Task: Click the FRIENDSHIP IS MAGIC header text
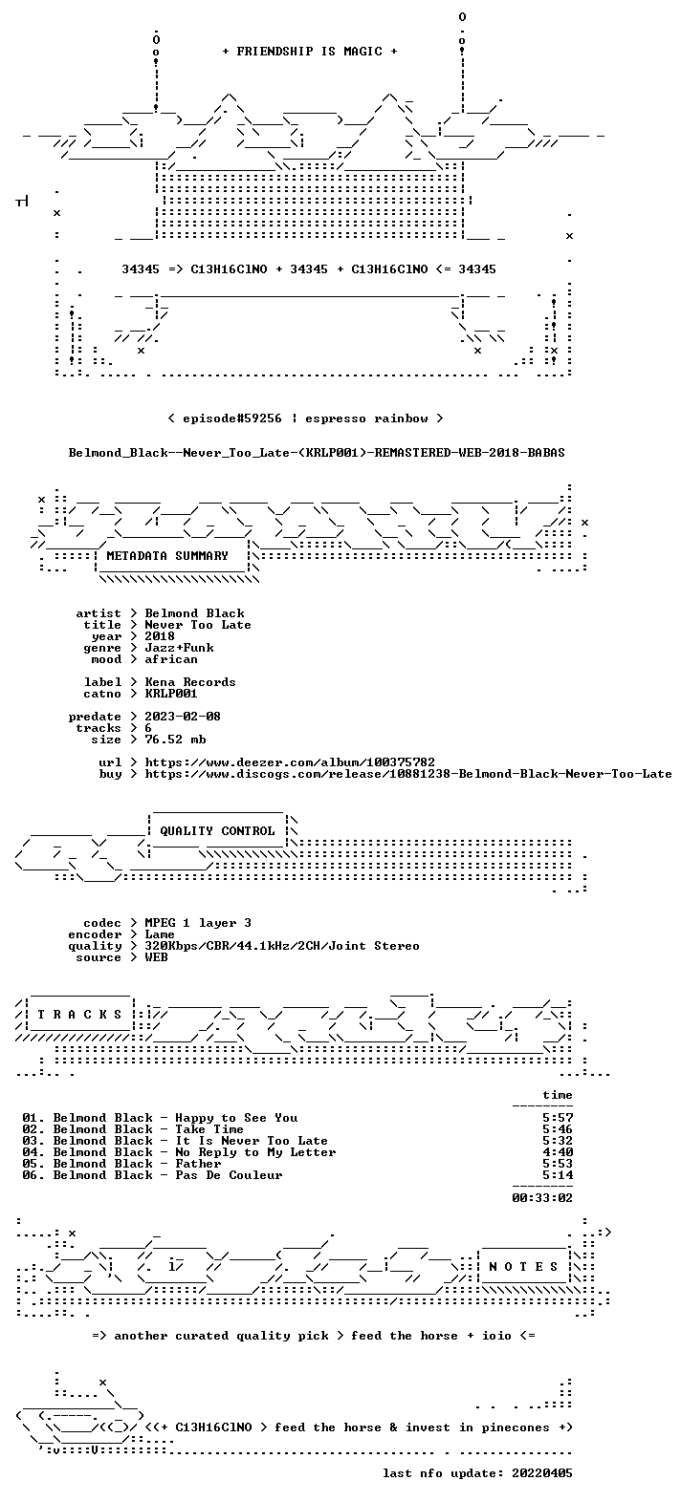(x=309, y=52)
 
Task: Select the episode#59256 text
(x=232, y=418)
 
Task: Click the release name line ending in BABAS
(x=317, y=453)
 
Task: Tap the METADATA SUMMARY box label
(x=167, y=556)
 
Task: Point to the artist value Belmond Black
(x=194, y=613)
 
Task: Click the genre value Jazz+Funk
(x=179, y=648)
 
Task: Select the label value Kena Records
(x=190, y=682)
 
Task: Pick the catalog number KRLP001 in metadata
(x=171, y=694)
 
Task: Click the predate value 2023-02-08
(x=183, y=717)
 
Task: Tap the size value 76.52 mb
(x=175, y=740)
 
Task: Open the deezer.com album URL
(x=290, y=762)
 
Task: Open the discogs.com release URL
(x=407, y=774)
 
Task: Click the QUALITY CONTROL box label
(x=217, y=831)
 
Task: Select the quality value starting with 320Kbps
(x=282, y=946)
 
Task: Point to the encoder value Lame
(x=160, y=934)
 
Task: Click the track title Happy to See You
(x=236, y=1118)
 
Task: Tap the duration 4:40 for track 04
(x=558, y=1152)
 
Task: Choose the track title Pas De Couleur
(x=229, y=1175)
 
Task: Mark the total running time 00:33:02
(x=542, y=1197)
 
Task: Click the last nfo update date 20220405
(x=542, y=1473)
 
